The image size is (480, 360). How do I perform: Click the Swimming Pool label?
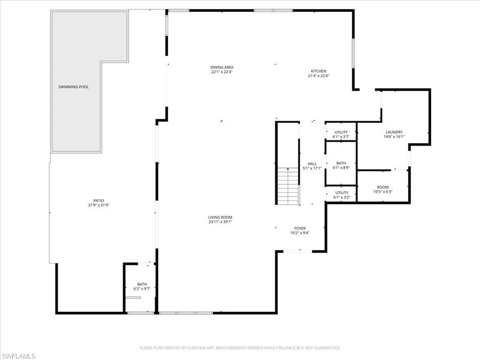pyautogui.click(x=74, y=87)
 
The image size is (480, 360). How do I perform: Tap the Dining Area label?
pyautogui.click(x=222, y=67)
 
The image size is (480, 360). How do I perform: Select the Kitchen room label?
pyautogui.click(x=318, y=71)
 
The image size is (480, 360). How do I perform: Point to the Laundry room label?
pyautogui.click(x=394, y=132)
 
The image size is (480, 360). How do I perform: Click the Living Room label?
pyautogui.click(x=220, y=217)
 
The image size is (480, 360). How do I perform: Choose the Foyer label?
pyautogui.click(x=300, y=228)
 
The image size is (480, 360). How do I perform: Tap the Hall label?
pyautogui.click(x=312, y=164)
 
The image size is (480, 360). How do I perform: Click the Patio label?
pyautogui.click(x=98, y=201)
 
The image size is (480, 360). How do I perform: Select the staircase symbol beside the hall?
pyautogui.click(x=288, y=186)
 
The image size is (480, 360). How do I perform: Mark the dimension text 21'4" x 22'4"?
pyautogui.click(x=318, y=76)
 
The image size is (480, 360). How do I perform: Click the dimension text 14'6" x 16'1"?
pyautogui.click(x=394, y=137)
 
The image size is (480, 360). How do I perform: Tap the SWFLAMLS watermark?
pyautogui.click(x=18, y=356)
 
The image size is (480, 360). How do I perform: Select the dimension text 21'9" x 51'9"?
pyautogui.click(x=98, y=205)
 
